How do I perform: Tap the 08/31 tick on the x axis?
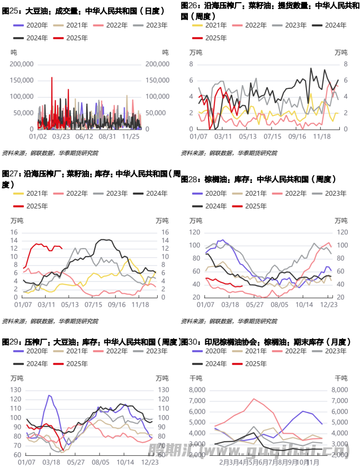(x=108, y=136)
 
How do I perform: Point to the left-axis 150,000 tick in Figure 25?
(x=22, y=80)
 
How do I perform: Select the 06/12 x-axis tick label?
(x=84, y=136)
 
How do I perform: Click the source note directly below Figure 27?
(x=50, y=321)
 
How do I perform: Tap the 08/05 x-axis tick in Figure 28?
(x=278, y=305)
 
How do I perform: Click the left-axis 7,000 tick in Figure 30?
(x=196, y=400)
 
